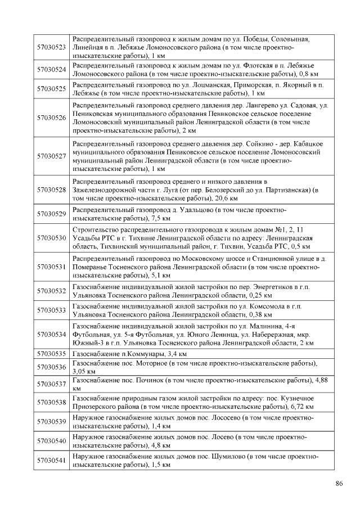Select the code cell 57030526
[x=51, y=118]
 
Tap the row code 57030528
[x=51, y=190]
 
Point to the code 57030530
[x=51, y=238]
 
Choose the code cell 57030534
[x=51, y=334]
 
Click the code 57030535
[x=51, y=354]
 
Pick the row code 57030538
[x=51, y=402]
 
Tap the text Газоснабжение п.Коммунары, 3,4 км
[x=129, y=354]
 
